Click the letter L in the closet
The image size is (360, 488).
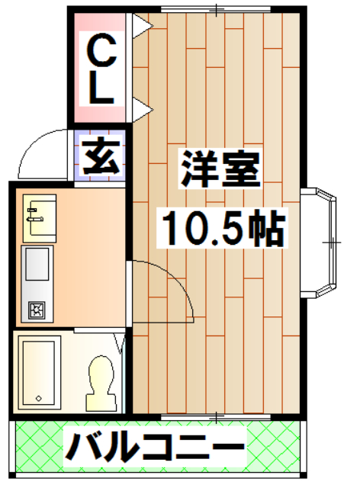click(x=99, y=90)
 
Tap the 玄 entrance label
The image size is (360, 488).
click(x=100, y=157)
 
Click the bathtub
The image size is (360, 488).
click(x=38, y=371)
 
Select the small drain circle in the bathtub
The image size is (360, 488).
click(x=38, y=398)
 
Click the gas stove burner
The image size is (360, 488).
click(x=36, y=310)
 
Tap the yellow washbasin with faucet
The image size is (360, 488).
click(x=37, y=214)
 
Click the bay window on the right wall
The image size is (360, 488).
click(x=320, y=242)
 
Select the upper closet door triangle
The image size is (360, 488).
click(x=141, y=26)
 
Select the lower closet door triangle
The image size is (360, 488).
click(x=141, y=108)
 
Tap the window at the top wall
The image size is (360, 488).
click(x=217, y=9)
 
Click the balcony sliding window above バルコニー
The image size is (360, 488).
click(x=217, y=416)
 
